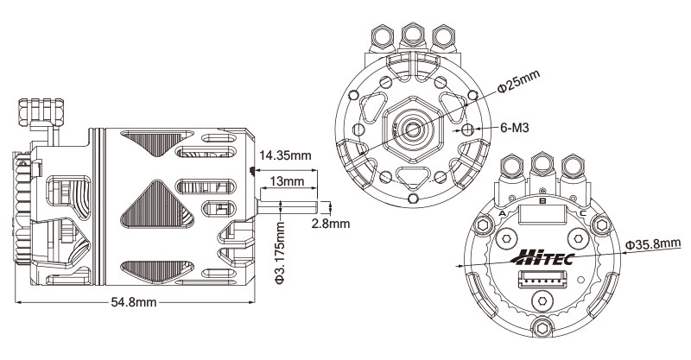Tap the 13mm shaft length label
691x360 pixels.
coord(286,182)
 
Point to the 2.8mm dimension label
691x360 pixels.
coord(330,224)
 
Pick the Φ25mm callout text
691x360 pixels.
coord(518,83)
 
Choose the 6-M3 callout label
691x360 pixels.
coord(515,128)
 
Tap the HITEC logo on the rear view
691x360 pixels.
coord(542,256)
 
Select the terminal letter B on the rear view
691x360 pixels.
coord(542,200)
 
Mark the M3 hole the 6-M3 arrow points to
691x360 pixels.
coord(468,129)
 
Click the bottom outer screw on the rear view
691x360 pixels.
coord(542,325)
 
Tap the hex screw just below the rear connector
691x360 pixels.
coord(542,299)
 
